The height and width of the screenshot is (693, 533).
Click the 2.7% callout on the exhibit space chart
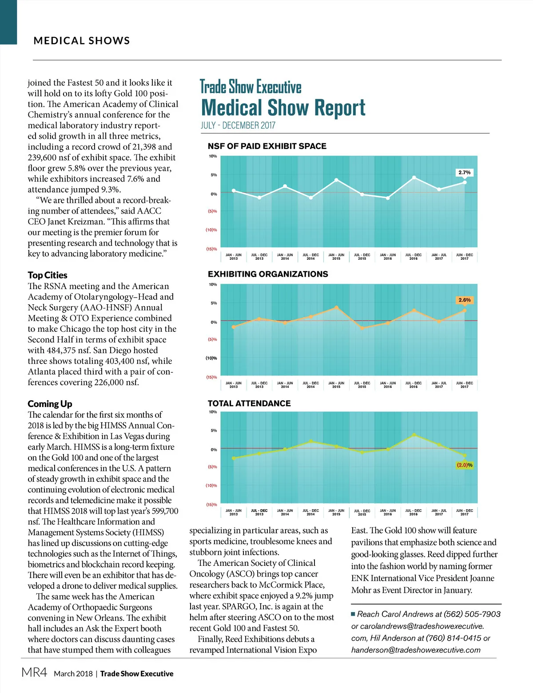point(464,172)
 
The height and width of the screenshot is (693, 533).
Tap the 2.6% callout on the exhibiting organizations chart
point(464,300)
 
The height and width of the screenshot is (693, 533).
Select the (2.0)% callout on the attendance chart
point(464,465)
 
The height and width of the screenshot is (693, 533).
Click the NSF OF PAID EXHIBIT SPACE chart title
point(267,146)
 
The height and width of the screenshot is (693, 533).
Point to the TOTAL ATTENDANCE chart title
point(249,403)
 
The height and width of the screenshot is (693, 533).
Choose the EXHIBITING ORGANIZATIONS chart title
point(268,274)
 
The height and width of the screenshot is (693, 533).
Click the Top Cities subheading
point(48,275)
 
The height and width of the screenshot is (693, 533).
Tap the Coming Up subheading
point(50,403)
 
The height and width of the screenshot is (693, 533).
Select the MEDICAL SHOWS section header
point(82,40)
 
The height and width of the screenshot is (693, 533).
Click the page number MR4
point(34,672)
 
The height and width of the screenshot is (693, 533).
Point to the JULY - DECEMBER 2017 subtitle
point(238,125)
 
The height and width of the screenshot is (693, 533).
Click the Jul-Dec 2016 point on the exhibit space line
point(414,177)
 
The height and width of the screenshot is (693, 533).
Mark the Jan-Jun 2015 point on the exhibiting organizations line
point(336,307)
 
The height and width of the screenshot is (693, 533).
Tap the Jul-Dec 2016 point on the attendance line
point(414,435)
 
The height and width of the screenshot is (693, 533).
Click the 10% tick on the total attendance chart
point(213,412)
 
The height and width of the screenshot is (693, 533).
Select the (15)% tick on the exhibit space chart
point(211,249)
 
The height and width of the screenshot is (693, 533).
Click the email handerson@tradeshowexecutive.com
point(416,650)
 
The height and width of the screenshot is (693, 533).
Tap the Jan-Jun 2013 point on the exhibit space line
point(234,190)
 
